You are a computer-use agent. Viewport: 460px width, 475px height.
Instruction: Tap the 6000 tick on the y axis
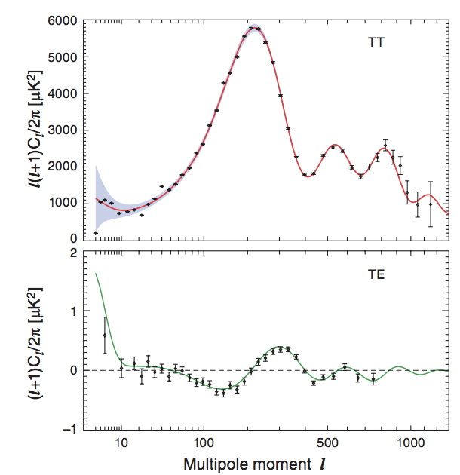pos(73,20)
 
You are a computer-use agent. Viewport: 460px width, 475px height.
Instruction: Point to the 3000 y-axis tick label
pos(73,130)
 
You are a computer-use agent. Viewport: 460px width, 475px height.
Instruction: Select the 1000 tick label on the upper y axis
pos(73,203)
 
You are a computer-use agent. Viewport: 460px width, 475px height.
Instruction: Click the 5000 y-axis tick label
pos(73,57)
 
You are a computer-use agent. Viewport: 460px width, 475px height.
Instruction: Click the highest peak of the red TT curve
pos(254,29)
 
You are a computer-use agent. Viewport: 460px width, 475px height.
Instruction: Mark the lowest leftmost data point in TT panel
pos(96,234)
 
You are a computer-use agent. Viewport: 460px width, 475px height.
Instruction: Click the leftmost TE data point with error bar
pos(105,335)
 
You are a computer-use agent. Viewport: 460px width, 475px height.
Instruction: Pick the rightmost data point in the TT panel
pos(431,204)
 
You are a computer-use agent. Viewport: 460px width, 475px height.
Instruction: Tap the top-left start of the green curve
pos(96,274)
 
